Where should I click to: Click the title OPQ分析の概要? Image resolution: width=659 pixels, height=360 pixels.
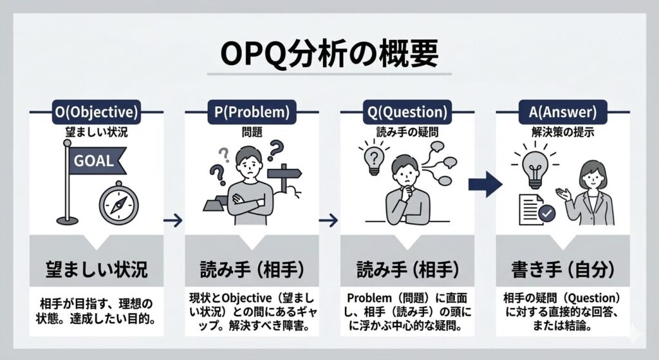tap(329, 54)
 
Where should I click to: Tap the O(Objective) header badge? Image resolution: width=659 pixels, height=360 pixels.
tap(97, 112)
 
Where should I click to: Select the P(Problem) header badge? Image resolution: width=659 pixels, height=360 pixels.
tap(252, 112)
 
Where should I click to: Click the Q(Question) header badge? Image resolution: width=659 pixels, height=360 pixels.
tap(407, 112)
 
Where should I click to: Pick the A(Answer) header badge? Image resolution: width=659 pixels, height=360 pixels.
tap(562, 112)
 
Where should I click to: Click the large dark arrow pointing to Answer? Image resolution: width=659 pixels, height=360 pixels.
tap(485, 184)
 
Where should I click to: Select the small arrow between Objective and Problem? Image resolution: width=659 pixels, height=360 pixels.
tap(173, 220)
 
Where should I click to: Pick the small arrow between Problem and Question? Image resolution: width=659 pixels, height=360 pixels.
tap(329, 220)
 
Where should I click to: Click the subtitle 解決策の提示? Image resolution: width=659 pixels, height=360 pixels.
tap(562, 132)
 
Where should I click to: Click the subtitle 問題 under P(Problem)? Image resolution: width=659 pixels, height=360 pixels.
tap(252, 132)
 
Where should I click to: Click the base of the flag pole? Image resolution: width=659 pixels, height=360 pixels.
tap(67, 220)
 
